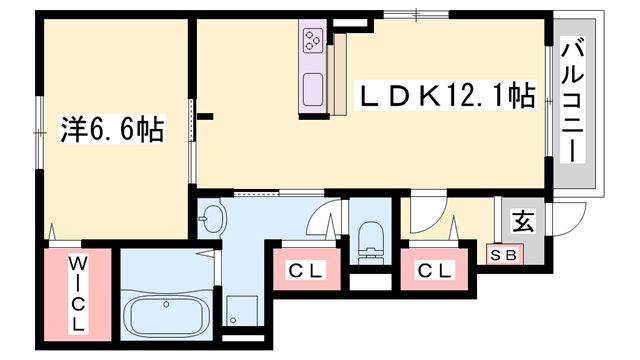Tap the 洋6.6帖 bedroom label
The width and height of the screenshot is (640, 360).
click(x=112, y=129)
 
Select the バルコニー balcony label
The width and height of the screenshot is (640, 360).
click(x=572, y=100)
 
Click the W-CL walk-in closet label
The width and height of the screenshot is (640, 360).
click(x=78, y=294)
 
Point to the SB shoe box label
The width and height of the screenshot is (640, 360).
click(x=504, y=256)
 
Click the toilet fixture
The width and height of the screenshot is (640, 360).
click(x=371, y=243)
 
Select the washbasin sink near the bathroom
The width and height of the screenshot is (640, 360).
click(x=212, y=218)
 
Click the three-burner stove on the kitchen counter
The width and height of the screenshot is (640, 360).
click(x=313, y=40)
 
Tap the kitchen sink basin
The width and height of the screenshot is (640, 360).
click(x=313, y=89)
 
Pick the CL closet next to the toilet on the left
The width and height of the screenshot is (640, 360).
click(x=307, y=269)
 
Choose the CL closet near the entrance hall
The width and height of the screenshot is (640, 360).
click(x=434, y=269)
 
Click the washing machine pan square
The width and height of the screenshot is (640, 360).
click(x=242, y=310)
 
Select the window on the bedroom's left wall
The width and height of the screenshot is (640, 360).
click(x=39, y=133)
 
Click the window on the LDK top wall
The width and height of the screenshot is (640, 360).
click(x=416, y=15)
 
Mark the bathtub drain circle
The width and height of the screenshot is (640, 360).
click(x=166, y=304)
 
